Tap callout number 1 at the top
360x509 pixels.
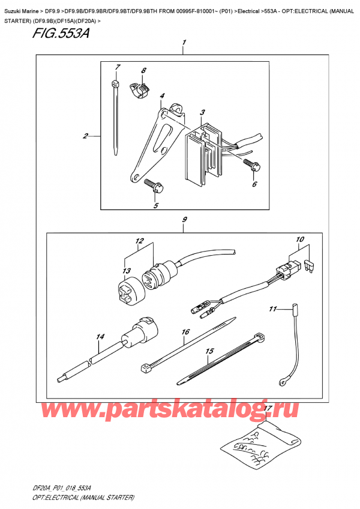pyautogui.click(x=184, y=43)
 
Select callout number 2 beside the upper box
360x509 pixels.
pyautogui.click(x=86, y=136)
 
